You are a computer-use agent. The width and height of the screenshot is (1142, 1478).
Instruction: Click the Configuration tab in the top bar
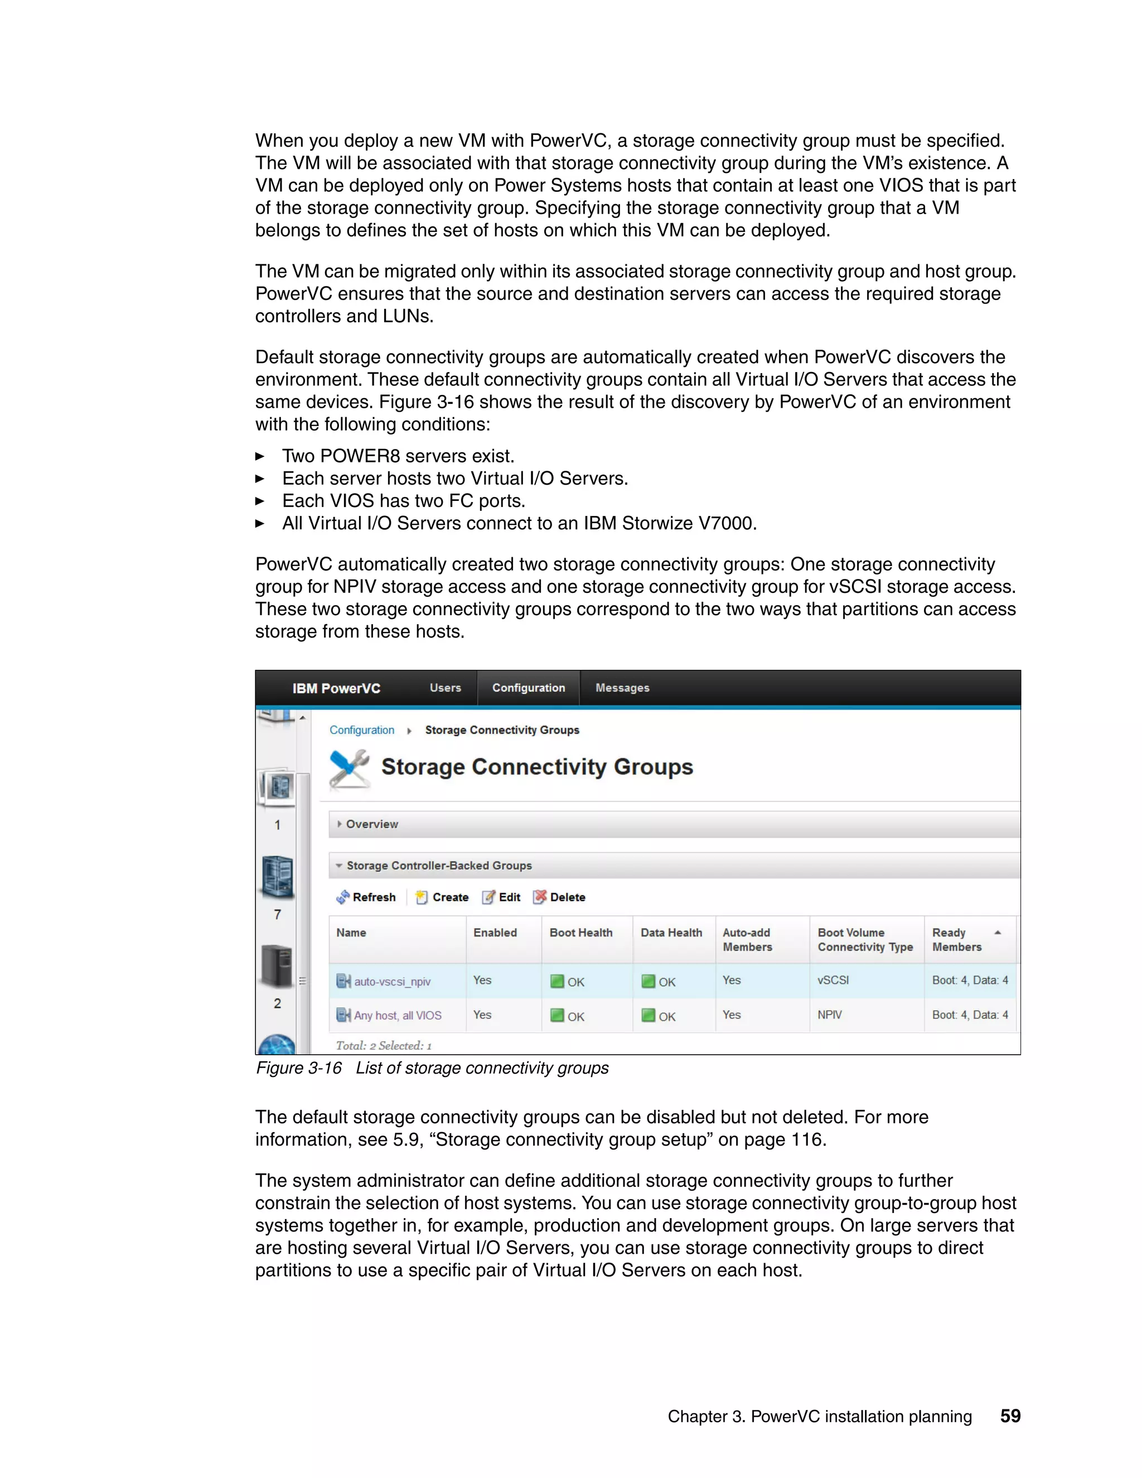pos(529,688)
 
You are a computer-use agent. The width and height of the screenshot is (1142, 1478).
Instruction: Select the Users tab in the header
pos(445,688)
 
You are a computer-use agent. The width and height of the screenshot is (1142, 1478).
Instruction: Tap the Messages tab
pos(622,688)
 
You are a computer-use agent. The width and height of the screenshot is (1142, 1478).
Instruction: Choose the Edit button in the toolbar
pos(501,897)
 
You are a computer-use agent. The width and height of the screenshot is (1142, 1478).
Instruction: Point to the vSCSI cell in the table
pos(833,980)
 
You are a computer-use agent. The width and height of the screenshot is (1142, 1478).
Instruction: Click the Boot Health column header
pos(580,933)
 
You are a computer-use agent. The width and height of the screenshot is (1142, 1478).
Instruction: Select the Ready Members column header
pos(957,939)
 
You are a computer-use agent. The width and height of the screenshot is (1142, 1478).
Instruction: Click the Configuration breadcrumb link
pos(361,730)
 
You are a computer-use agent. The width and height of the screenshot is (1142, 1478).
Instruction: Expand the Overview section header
pos(371,824)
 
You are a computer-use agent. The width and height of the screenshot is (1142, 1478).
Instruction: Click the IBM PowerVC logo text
pos(336,688)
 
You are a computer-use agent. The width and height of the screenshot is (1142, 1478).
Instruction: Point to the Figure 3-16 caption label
pos(298,1068)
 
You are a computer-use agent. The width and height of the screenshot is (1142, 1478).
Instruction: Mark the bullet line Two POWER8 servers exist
pos(398,456)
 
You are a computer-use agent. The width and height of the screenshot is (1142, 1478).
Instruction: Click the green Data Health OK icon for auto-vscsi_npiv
pos(648,981)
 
